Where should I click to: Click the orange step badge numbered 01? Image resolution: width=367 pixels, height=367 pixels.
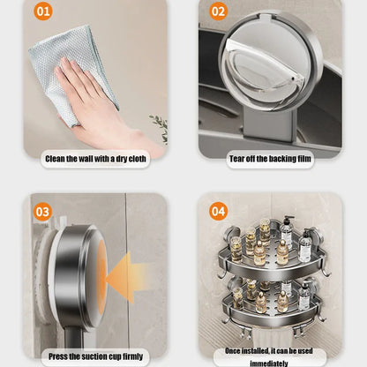pyautogui.click(x=43, y=12)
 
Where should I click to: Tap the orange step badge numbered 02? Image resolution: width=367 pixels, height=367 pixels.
pyautogui.click(x=218, y=12)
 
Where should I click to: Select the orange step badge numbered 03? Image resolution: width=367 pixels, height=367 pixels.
pyautogui.click(x=43, y=211)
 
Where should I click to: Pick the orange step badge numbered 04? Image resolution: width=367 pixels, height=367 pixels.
pyautogui.click(x=218, y=211)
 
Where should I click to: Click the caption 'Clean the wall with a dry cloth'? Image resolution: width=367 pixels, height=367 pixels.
pyautogui.click(x=95, y=159)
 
